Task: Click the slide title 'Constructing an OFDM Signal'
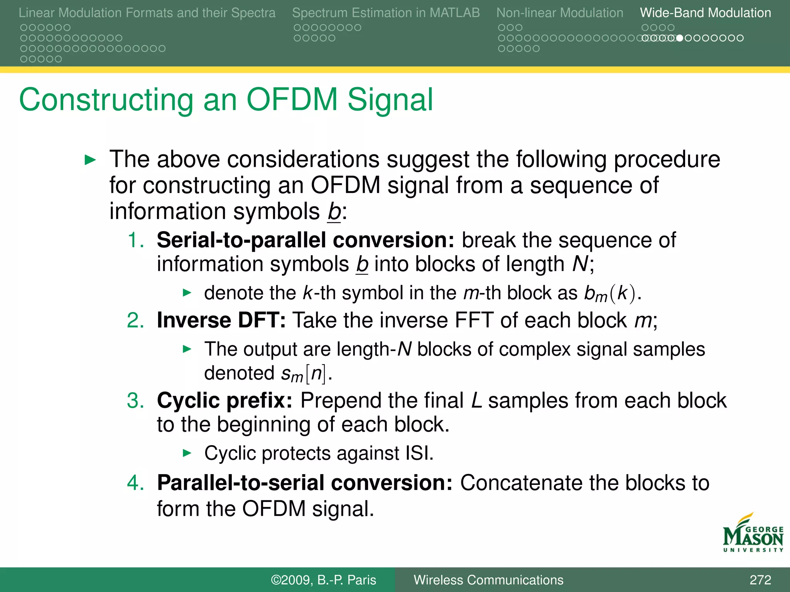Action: tap(226, 100)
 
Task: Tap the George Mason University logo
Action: tap(753, 533)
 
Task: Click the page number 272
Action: tap(760, 580)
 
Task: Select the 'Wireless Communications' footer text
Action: tap(488, 580)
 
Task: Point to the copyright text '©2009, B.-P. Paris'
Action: tap(323, 580)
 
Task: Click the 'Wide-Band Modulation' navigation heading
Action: tap(705, 13)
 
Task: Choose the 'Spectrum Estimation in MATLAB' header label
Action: tap(386, 13)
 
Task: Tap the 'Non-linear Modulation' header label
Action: tap(559, 13)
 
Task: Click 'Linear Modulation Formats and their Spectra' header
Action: tap(147, 13)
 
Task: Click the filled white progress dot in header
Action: tap(680, 38)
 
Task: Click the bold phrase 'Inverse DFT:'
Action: tap(221, 320)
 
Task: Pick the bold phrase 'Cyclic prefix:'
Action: tap(225, 400)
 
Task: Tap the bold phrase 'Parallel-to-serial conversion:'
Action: tap(305, 483)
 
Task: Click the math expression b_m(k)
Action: tap(609, 294)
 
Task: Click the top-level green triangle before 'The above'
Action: tap(90, 160)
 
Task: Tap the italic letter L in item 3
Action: tap(477, 400)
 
